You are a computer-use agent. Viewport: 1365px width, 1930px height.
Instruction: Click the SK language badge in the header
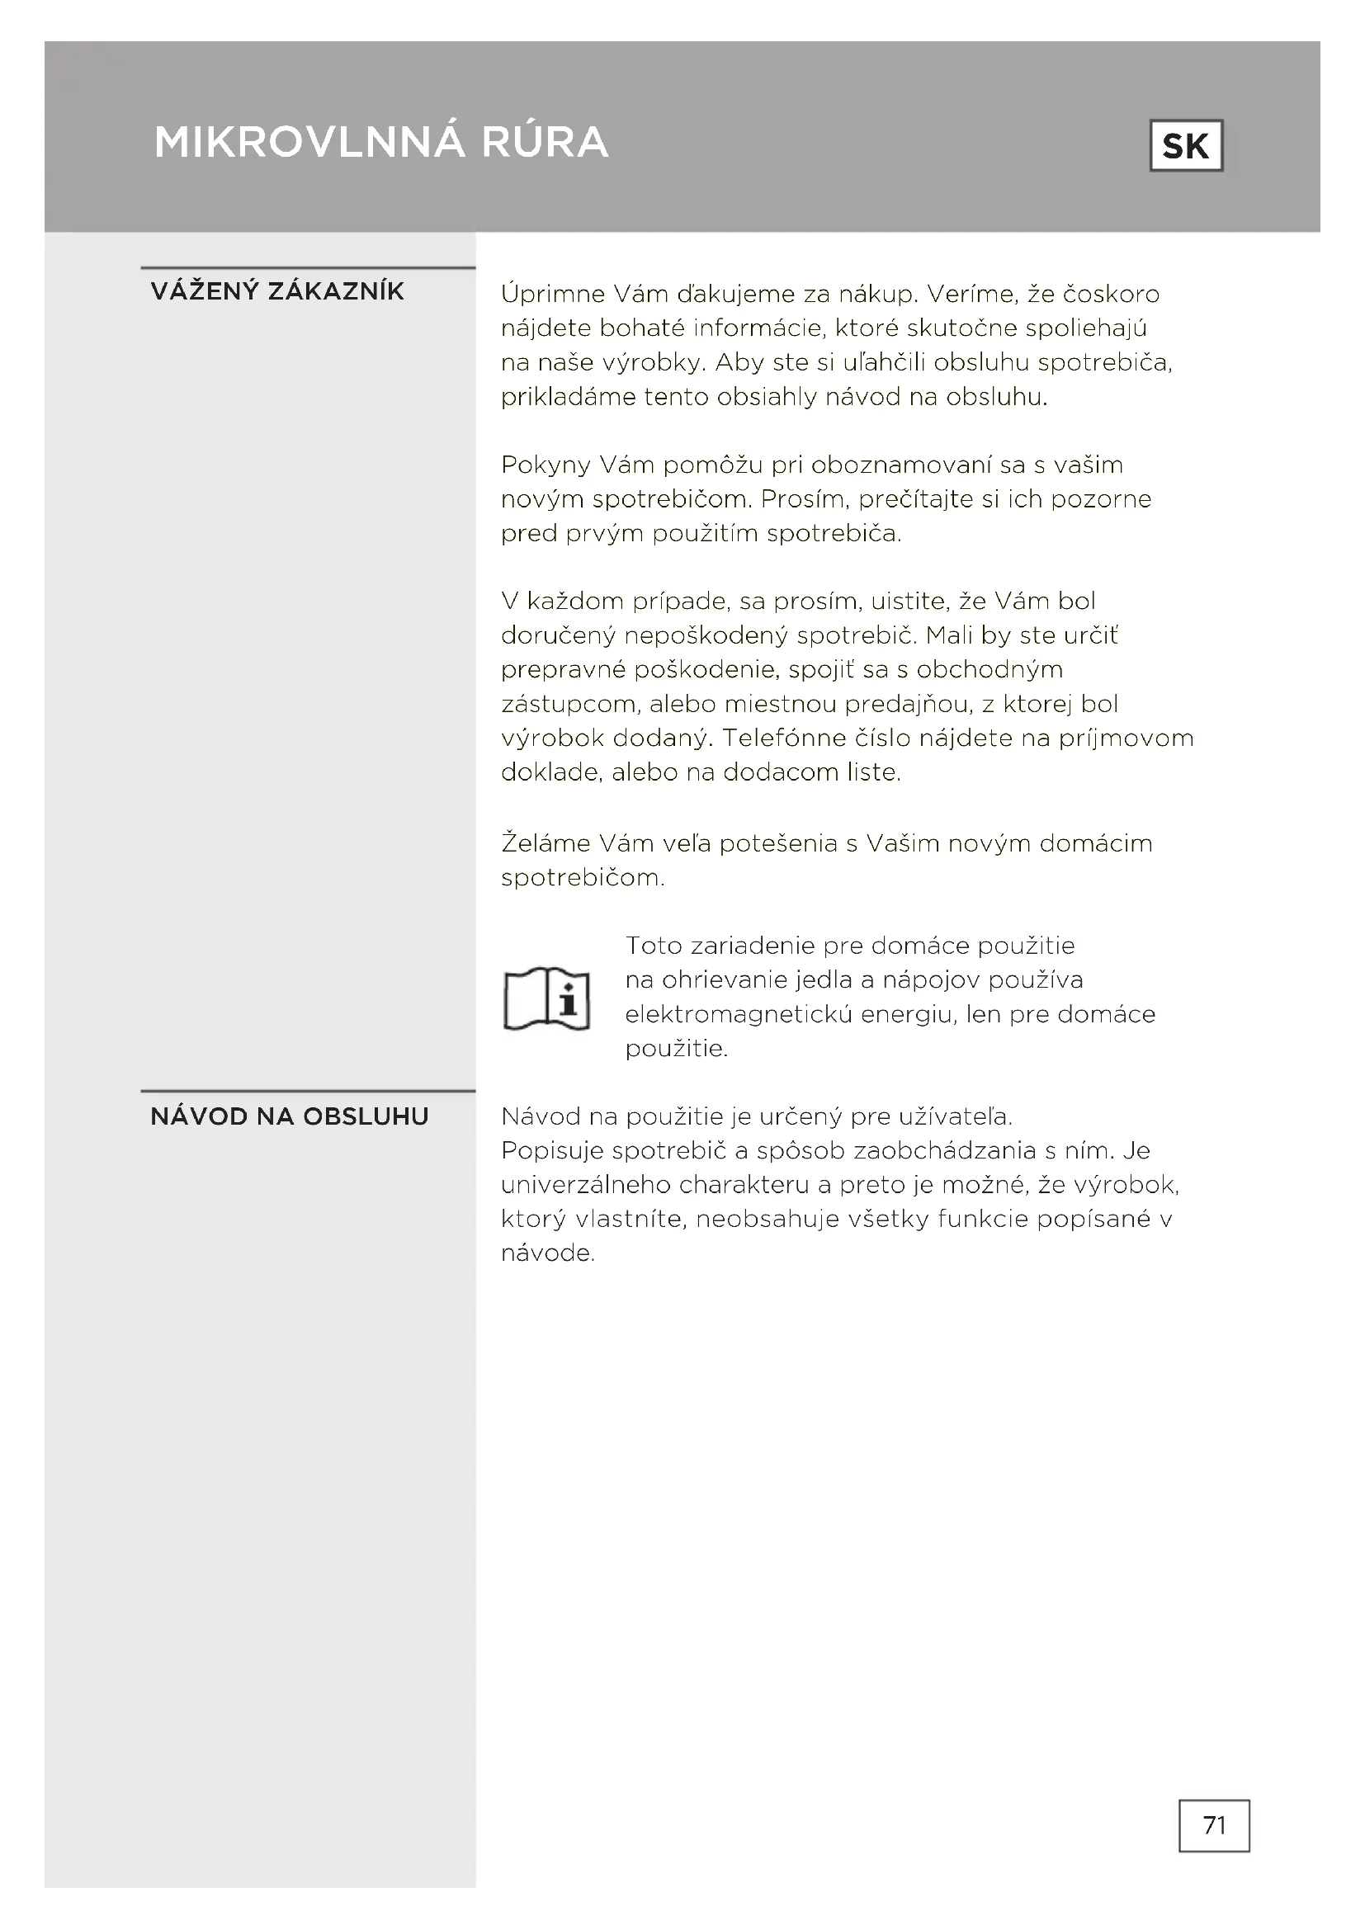[1185, 146]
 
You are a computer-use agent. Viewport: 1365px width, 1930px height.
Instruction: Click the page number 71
[1214, 1825]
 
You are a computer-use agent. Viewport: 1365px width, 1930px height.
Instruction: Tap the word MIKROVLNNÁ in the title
[309, 141]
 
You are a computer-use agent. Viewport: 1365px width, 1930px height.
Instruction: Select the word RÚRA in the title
[545, 141]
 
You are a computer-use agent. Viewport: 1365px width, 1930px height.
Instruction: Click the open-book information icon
[546, 998]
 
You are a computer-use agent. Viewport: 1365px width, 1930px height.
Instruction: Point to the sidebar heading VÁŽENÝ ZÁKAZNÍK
[277, 291]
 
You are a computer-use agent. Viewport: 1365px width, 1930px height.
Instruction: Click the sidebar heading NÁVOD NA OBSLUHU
[289, 1116]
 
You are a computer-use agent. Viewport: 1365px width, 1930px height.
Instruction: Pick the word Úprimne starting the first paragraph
[551, 295]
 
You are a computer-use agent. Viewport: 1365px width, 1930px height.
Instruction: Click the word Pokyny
[542, 465]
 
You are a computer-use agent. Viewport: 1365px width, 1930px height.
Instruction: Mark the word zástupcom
[568, 705]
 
